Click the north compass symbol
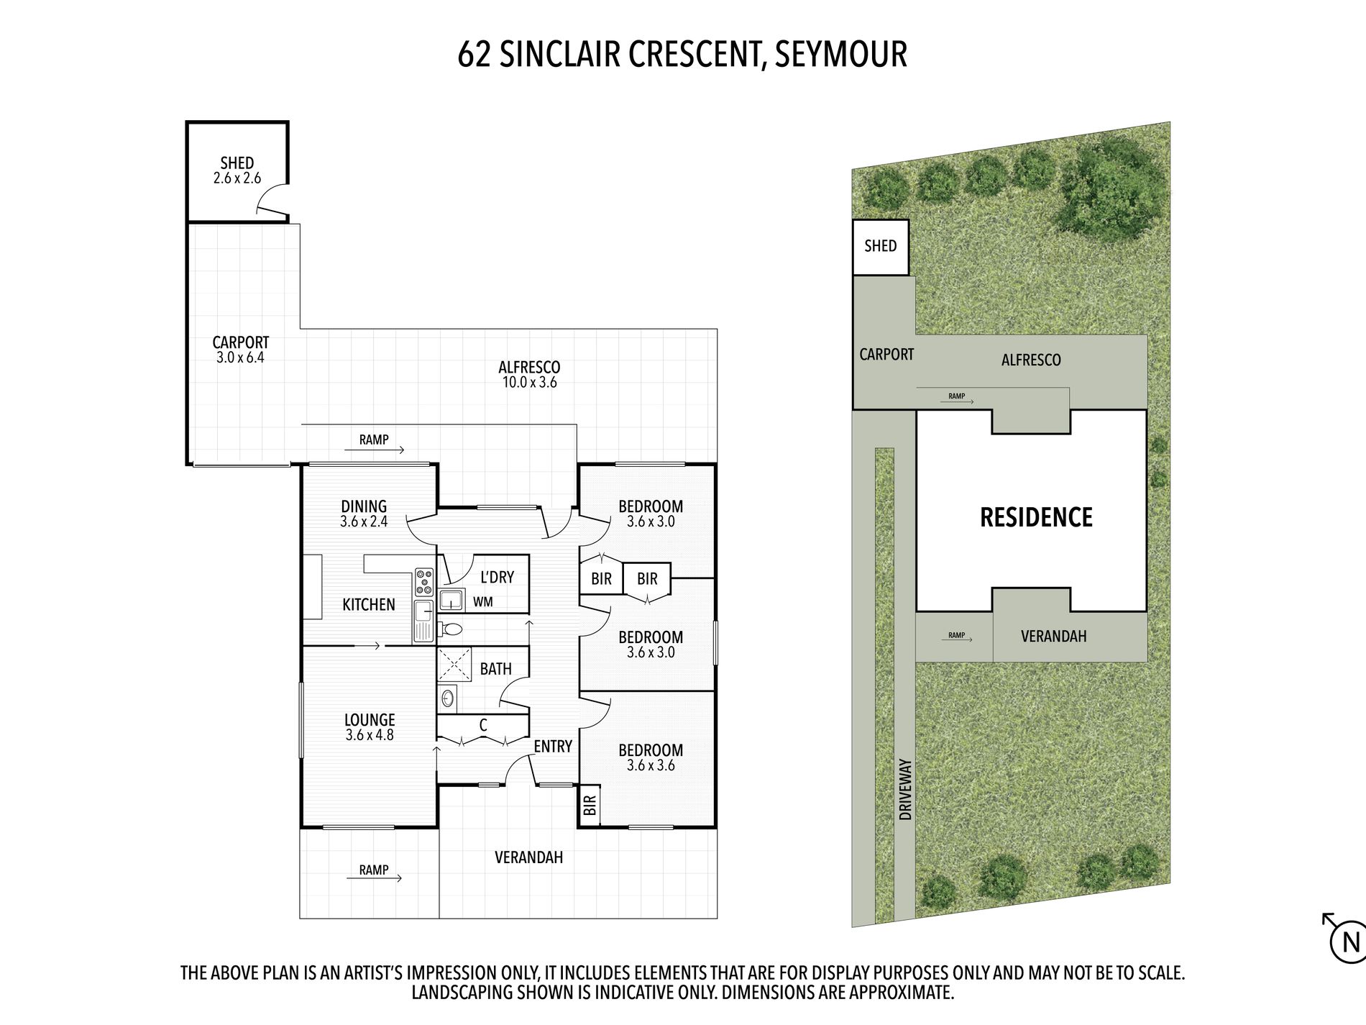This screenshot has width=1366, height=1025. pyautogui.click(x=1344, y=941)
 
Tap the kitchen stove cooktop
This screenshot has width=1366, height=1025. pyautogui.click(x=424, y=581)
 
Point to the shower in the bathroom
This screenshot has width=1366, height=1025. pyautogui.click(x=454, y=663)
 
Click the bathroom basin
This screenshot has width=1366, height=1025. pyautogui.click(x=447, y=698)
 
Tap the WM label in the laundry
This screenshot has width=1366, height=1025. pyautogui.click(x=483, y=601)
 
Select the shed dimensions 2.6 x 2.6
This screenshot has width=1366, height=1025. pyautogui.click(x=237, y=178)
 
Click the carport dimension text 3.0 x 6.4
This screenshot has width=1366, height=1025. pyautogui.click(x=240, y=357)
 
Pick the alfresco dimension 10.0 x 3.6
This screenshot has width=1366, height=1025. pyautogui.click(x=529, y=383)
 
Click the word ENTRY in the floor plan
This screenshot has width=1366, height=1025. pyautogui.click(x=553, y=747)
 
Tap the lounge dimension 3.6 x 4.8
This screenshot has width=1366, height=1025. pyautogui.click(x=370, y=735)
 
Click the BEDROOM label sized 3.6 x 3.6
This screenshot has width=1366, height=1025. pyautogui.click(x=651, y=750)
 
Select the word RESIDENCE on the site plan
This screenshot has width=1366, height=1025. pyautogui.click(x=1036, y=517)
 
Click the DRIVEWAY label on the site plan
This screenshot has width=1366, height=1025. pyautogui.click(x=905, y=789)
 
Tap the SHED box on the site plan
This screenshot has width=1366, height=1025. pyautogui.click(x=881, y=247)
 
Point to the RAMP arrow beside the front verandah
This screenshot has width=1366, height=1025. pyautogui.click(x=381, y=878)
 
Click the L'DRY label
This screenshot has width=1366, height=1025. pyautogui.click(x=497, y=577)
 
